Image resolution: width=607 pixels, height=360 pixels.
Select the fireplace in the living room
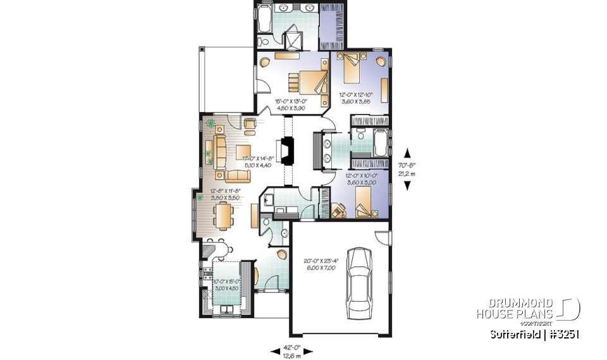(288, 151)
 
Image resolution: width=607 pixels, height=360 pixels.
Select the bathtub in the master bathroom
(264, 23)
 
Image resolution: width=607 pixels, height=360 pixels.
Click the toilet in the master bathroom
(264, 41)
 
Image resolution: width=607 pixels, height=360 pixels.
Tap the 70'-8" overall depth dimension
(408, 169)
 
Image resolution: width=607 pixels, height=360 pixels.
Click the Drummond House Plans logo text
(515, 309)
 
